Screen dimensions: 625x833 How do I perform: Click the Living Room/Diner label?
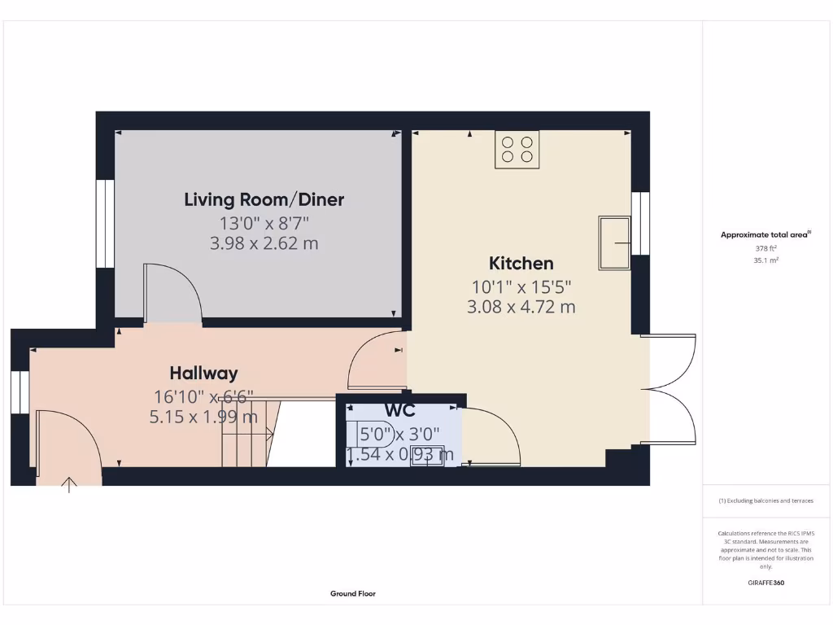click(x=264, y=199)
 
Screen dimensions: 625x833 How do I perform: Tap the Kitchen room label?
click(x=521, y=264)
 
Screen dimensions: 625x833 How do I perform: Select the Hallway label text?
click(x=203, y=374)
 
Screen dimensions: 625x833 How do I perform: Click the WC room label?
click(x=399, y=411)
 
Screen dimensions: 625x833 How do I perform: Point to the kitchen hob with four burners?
click(x=517, y=150)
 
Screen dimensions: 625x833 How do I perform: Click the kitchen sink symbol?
click(x=615, y=242)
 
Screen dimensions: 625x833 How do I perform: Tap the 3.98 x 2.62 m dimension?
click(x=264, y=243)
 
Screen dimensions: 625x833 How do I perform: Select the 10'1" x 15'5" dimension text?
click(x=521, y=286)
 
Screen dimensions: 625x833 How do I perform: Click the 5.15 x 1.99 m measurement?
click(x=203, y=417)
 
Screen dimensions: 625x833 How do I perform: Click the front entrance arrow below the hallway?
click(x=70, y=485)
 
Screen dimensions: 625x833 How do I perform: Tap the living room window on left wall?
click(x=104, y=222)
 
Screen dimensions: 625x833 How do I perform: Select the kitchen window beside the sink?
click(x=642, y=224)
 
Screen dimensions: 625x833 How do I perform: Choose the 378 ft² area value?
click(x=765, y=249)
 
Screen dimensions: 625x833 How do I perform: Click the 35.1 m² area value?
click(x=765, y=261)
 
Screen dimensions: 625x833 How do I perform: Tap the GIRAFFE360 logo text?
click(x=765, y=583)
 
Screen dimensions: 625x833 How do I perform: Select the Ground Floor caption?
click(x=353, y=594)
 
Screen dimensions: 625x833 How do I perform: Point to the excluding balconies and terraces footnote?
click(x=765, y=501)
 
